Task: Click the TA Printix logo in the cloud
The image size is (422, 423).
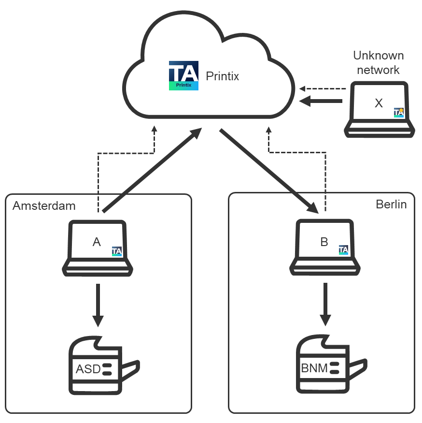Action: point(183,76)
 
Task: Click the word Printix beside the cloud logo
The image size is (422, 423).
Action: point(222,76)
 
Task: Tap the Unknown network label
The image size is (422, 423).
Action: point(379,63)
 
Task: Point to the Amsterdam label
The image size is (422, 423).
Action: point(44,206)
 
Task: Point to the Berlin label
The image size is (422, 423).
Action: point(391,204)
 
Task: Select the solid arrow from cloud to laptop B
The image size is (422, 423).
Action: point(268,170)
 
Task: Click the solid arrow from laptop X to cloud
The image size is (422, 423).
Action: point(321,101)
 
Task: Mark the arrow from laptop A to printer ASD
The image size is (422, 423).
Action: point(98,305)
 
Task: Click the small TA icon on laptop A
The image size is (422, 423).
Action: point(117,251)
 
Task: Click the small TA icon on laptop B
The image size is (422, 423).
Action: point(344,250)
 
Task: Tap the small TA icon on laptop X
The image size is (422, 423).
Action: point(398,112)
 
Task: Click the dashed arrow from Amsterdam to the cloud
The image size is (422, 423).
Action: point(126,154)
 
